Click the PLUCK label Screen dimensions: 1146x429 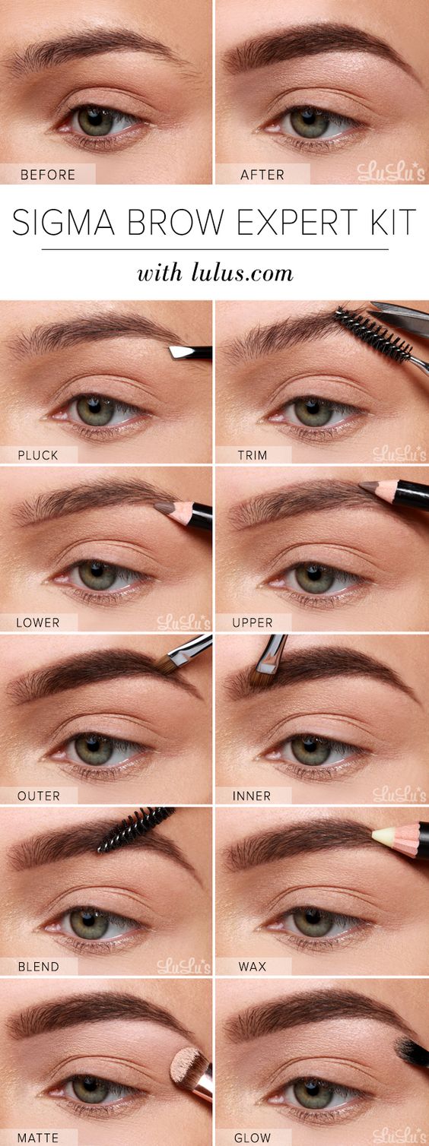coord(38,455)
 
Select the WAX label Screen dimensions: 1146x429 coord(252,967)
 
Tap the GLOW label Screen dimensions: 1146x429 coord(252,1138)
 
